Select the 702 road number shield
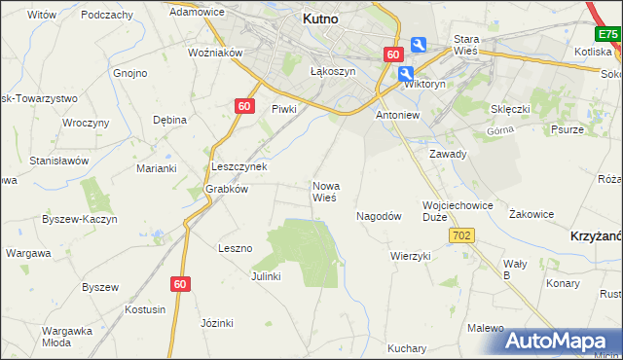[x=461, y=235]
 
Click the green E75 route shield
[x=608, y=35]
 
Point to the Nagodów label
[x=379, y=217]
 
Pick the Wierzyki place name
[x=410, y=256]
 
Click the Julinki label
[x=266, y=276]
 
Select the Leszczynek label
[x=238, y=166]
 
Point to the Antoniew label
[x=397, y=115]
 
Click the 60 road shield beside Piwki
[x=244, y=106]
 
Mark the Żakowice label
[x=531, y=214]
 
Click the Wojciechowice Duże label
[x=458, y=212]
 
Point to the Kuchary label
[x=406, y=348]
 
